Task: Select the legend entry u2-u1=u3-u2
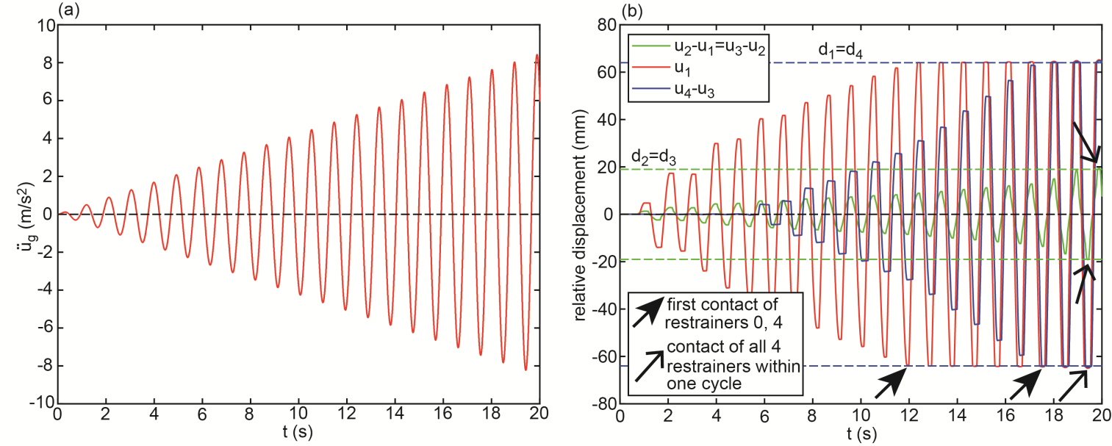(x=720, y=46)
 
